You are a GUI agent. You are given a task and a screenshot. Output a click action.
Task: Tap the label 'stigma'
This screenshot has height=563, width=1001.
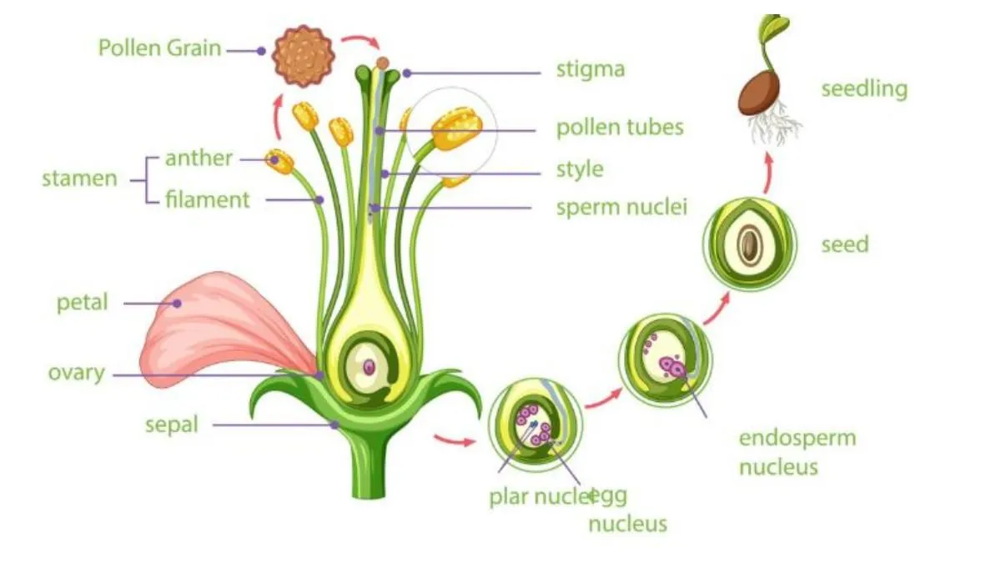(590, 68)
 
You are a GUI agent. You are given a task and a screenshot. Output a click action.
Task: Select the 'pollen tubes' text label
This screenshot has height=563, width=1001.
(620, 128)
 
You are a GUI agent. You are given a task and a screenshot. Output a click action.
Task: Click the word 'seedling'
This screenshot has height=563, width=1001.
(863, 89)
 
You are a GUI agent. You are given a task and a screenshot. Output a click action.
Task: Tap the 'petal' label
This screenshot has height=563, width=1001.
(82, 302)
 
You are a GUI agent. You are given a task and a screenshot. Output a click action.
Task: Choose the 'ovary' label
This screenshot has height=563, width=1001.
(76, 372)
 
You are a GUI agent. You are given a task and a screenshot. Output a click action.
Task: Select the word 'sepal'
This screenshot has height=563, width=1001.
(171, 425)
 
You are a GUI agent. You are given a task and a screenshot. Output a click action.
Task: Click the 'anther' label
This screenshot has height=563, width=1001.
(199, 158)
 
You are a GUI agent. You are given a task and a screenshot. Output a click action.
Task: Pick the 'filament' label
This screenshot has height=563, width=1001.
(207, 200)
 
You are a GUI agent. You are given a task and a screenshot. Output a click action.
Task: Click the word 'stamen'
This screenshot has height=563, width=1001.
(79, 178)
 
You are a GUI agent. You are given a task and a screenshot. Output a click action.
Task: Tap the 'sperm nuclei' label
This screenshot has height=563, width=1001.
(621, 208)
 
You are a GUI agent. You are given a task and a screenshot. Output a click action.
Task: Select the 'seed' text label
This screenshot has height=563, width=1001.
(844, 244)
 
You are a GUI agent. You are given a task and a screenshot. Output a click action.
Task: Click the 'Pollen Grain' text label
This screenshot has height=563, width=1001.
(159, 48)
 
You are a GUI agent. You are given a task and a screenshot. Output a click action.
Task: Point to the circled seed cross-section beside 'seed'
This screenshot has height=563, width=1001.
(750, 244)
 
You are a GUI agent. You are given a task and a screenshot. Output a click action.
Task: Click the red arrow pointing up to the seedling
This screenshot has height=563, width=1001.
(768, 170)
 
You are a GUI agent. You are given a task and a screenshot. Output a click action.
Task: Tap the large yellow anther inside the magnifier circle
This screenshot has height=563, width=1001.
(456, 128)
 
